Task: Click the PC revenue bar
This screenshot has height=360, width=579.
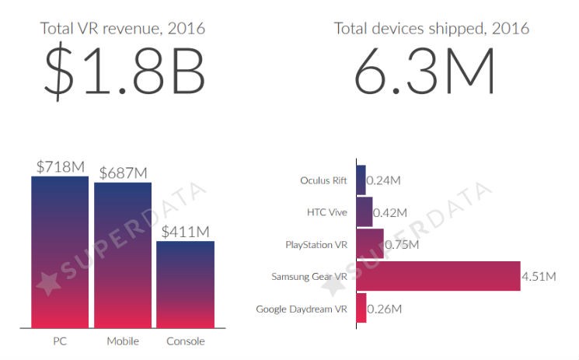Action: (59, 253)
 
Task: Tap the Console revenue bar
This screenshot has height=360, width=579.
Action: (185, 285)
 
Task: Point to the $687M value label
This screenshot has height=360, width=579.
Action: (123, 173)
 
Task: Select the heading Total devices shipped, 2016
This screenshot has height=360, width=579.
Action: (431, 29)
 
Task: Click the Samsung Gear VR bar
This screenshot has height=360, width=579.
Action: (438, 276)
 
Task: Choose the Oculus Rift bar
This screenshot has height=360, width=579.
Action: (361, 180)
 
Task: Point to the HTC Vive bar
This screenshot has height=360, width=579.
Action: (364, 211)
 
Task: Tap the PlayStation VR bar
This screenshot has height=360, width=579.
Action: (370, 243)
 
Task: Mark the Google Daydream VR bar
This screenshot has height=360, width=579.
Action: (361, 309)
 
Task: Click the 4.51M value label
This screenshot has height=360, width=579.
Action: (540, 276)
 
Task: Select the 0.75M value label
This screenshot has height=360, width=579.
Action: (402, 244)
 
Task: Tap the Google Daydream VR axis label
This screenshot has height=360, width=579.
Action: (302, 309)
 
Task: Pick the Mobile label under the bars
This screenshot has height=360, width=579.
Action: (123, 341)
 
